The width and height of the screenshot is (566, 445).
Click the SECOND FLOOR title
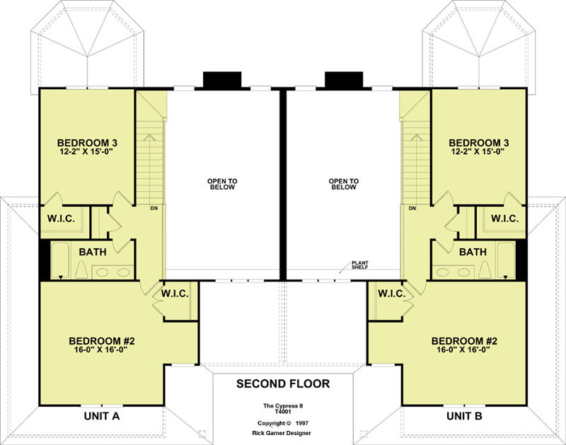click(283, 383)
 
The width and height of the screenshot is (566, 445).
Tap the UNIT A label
click(102, 416)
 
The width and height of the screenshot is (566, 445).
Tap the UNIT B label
click(464, 416)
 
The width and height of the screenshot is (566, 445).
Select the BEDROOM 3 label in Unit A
click(87, 143)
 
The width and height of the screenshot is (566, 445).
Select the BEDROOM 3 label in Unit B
click(479, 143)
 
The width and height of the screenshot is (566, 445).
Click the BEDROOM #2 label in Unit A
click(102, 341)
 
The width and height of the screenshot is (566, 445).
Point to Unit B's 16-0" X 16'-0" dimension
click(463, 349)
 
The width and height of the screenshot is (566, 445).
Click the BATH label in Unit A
click(93, 252)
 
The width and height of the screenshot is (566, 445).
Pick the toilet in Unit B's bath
click(485, 269)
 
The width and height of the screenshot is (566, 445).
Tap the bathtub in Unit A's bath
click(60, 260)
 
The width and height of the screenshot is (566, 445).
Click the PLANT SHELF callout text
click(360, 265)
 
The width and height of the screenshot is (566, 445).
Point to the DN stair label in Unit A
click(154, 208)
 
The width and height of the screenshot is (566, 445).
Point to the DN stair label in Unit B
click(412, 208)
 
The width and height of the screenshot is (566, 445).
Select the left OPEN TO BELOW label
click(222, 184)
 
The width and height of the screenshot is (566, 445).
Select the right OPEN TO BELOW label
click(344, 184)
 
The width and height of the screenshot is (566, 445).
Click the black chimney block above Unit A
click(222, 80)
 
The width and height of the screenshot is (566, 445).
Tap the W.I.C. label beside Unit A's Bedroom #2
click(175, 294)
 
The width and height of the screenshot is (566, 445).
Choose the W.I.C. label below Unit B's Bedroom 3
click(505, 219)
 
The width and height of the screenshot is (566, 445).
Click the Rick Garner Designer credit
click(282, 433)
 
